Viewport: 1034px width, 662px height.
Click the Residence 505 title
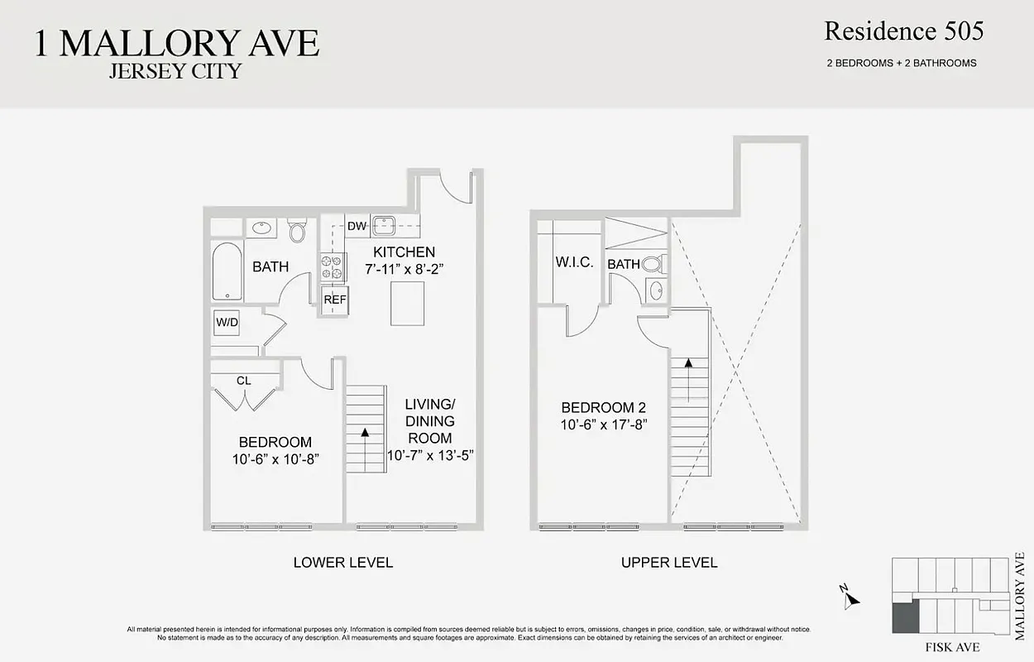coord(903,32)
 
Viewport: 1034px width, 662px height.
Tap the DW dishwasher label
coord(357,226)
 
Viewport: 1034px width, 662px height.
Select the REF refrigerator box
coord(334,300)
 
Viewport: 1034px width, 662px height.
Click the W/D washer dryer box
coord(227,321)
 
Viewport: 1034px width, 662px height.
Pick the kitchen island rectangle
coord(407,304)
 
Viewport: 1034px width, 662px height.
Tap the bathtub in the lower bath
coord(226,271)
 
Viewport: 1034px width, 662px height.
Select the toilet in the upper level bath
coord(654,265)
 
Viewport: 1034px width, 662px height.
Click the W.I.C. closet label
coord(574,262)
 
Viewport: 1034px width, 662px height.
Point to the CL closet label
coord(243,381)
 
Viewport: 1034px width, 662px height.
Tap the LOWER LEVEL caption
coord(342,563)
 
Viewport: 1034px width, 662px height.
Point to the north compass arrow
coord(851,600)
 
